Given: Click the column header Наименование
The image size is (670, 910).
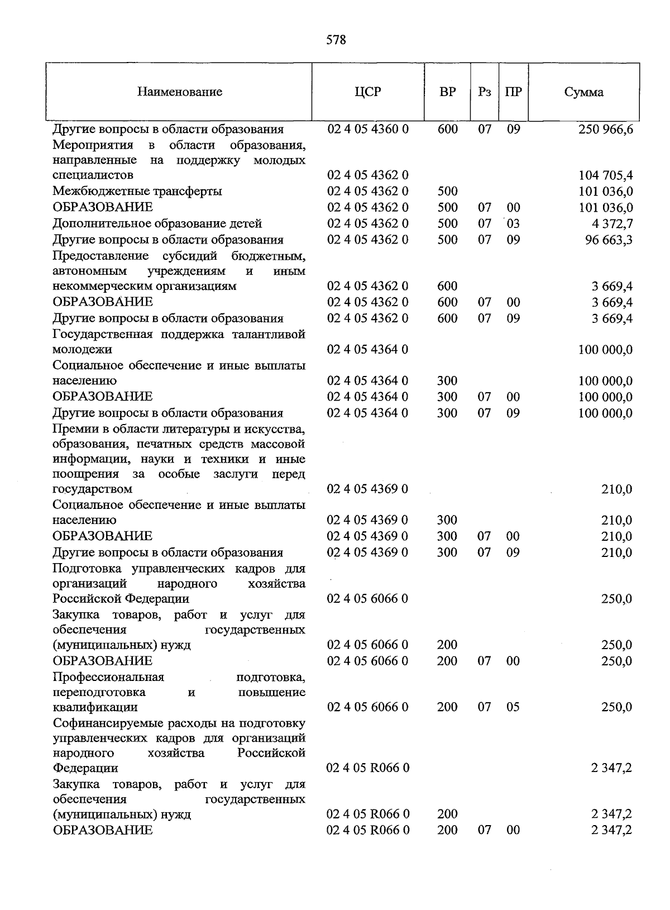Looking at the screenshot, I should (x=180, y=92).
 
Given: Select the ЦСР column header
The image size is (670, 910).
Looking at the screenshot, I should (x=367, y=92).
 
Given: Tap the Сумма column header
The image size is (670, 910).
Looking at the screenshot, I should (x=583, y=92).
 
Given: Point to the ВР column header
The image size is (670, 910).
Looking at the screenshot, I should (x=447, y=92).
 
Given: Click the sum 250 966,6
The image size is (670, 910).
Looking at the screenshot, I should (x=605, y=130).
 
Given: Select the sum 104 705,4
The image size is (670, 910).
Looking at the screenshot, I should (x=605, y=175).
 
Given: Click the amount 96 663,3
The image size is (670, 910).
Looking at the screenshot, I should (x=609, y=240).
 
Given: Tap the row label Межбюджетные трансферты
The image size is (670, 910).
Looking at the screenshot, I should (x=137, y=192).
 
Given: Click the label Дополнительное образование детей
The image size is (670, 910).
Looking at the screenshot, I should (x=157, y=224).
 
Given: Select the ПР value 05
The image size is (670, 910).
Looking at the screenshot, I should (x=513, y=707).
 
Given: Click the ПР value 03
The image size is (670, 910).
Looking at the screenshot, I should (x=513, y=224).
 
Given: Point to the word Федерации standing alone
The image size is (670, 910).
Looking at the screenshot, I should (x=85, y=768).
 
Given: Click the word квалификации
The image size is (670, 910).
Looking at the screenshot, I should (x=95, y=707).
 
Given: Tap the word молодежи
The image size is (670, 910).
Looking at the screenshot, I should (x=82, y=350).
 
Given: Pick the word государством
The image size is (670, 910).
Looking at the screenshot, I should (x=93, y=489).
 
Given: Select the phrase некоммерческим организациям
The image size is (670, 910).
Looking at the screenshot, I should (x=145, y=287).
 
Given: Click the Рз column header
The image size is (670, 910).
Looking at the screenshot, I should (x=484, y=92).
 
